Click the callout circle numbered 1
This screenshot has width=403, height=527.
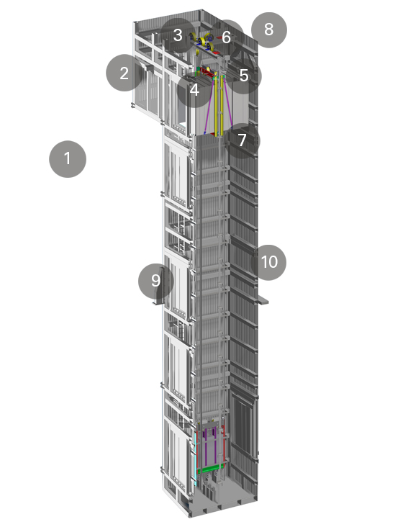[68, 159]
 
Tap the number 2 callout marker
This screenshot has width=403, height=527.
[124, 73]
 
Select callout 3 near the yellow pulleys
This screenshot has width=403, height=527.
[178, 35]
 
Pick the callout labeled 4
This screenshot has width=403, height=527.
[194, 90]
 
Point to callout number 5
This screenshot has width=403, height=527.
[243, 76]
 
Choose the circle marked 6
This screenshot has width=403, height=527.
[227, 37]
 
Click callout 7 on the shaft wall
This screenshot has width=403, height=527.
[242, 140]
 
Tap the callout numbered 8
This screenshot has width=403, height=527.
[268, 30]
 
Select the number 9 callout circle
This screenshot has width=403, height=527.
[156, 281]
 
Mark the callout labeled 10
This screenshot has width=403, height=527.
[268, 262]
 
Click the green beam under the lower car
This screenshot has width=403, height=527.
[211, 469]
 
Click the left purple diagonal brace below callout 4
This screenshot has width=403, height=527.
[209, 107]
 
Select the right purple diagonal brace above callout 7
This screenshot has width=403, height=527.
[227, 104]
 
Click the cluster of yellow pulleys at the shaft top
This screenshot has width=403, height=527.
[203, 42]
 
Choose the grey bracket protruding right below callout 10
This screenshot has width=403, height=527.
[263, 300]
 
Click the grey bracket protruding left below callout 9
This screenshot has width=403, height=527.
[157, 302]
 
